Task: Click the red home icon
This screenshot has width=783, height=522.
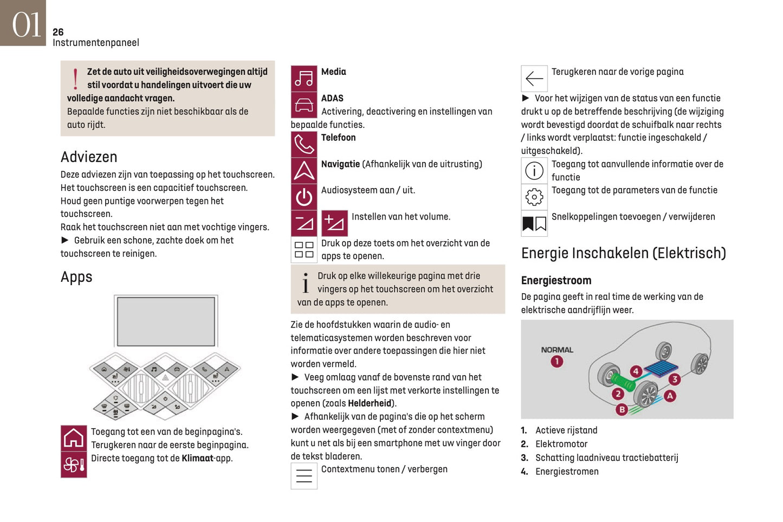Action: click(x=74, y=438)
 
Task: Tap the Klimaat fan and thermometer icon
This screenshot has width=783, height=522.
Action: click(x=74, y=465)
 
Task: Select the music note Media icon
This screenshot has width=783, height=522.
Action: click(x=304, y=79)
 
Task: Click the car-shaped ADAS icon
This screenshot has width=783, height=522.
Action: click(x=304, y=105)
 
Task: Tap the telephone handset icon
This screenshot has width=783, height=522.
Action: click(x=304, y=144)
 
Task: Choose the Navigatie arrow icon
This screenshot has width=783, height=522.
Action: click(x=304, y=170)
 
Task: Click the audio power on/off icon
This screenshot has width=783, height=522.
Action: click(x=304, y=197)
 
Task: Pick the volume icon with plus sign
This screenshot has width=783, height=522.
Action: click(x=334, y=223)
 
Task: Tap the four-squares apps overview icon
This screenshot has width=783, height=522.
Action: click(x=304, y=250)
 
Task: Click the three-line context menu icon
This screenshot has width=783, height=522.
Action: click(x=304, y=476)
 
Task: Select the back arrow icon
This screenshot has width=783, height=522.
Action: click(x=534, y=79)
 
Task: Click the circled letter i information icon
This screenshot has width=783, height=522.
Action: click(x=534, y=171)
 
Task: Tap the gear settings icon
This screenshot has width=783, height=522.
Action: click(x=534, y=197)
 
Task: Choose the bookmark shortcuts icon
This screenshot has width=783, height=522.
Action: click(x=534, y=223)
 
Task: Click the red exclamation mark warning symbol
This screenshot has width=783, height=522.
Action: click(x=75, y=79)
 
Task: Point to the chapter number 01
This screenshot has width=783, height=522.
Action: click(x=25, y=24)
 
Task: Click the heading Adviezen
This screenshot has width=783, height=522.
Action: click(x=89, y=157)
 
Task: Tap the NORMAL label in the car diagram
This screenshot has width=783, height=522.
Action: click(x=556, y=350)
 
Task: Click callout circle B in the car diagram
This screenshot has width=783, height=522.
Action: click(x=622, y=409)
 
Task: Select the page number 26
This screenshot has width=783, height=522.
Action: click(x=58, y=32)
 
